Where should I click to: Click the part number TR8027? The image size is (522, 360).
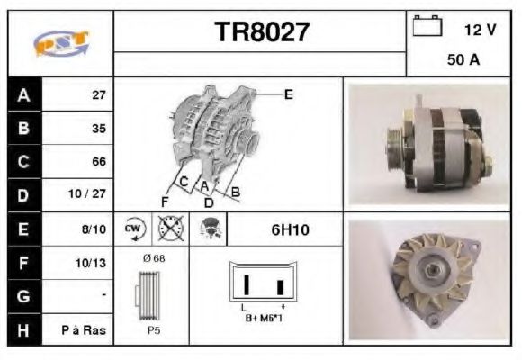(x=261, y=32)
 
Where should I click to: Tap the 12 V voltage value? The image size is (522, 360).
(x=480, y=30)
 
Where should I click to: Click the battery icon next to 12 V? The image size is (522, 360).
(x=427, y=26)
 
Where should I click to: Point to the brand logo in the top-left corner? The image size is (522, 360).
(x=61, y=43)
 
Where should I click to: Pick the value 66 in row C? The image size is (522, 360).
(x=99, y=162)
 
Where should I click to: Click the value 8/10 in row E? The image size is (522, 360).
(x=94, y=229)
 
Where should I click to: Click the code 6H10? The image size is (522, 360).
(x=290, y=230)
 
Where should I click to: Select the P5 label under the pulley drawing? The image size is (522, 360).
(x=153, y=329)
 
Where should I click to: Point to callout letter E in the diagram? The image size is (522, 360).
(x=288, y=94)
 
